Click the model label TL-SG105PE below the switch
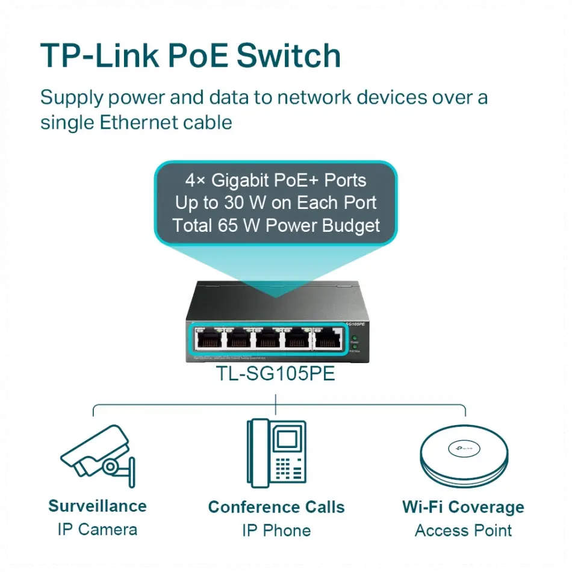tap(276, 374)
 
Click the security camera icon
tap(97, 456)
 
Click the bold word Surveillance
tap(97, 506)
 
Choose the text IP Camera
tap(97, 530)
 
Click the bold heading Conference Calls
tap(276, 507)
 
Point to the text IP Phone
tap(276, 530)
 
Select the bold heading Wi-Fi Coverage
tap(463, 507)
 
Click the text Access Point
tap(463, 530)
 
